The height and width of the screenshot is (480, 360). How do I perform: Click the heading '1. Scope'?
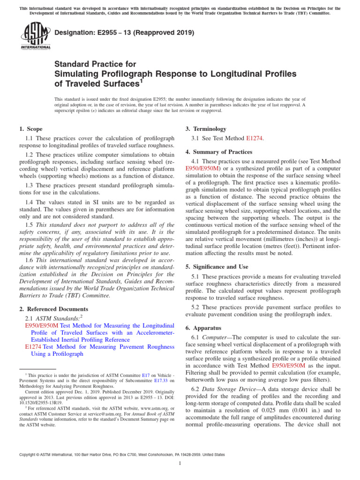[x=31, y=129]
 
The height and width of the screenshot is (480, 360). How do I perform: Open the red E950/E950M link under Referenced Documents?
[x=42, y=325]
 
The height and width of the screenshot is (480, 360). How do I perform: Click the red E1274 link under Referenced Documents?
[x=33, y=347]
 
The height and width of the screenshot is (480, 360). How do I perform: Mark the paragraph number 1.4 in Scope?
[x=30, y=202]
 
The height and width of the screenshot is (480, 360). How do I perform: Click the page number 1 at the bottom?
[x=180, y=464]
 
